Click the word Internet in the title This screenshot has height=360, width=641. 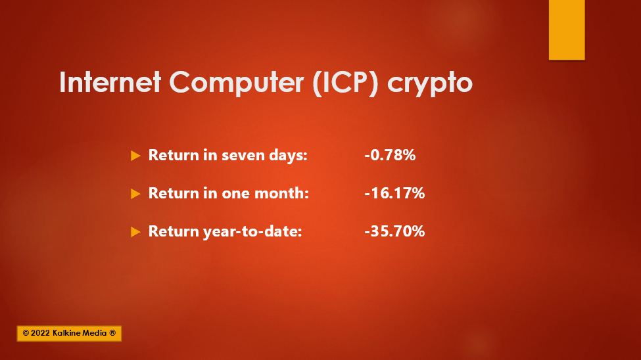[x=110, y=81]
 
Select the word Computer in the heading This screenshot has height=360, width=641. [x=237, y=83]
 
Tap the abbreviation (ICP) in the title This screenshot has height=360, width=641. [x=345, y=83]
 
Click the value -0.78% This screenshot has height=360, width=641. [x=390, y=155]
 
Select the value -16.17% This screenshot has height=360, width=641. [x=394, y=193]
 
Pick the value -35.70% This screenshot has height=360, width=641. [x=394, y=231]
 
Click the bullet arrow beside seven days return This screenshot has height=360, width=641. [x=135, y=156]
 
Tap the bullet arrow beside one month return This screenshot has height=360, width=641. [x=135, y=194]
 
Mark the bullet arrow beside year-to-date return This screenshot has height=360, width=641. [x=135, y=232]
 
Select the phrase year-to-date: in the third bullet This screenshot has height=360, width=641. [x=252, y=232]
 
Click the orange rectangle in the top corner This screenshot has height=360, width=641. [x=567, y=30]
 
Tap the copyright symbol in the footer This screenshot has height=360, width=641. [x=26, y=333]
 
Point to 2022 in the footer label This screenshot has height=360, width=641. [x=40, y=333]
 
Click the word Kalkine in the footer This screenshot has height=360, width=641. [x=67, y=333]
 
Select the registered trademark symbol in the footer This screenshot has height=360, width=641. [x=112, y=333]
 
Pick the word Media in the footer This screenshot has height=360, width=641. [x=95, y=333]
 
